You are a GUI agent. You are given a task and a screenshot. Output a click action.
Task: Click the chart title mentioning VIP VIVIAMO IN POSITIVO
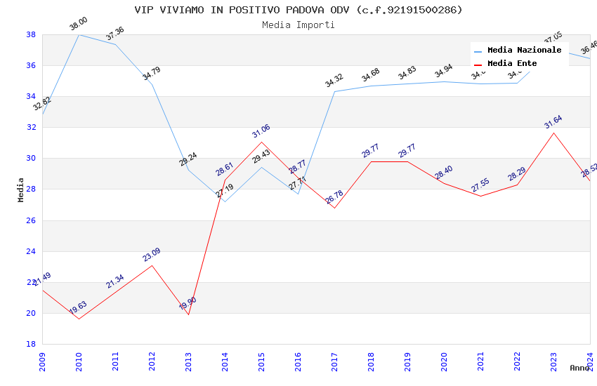(298, 10)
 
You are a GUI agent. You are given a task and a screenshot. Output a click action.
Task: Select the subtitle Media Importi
(298, 25)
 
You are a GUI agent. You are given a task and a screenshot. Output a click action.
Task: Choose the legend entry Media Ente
(512, 63)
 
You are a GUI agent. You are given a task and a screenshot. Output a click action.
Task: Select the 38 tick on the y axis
(31, 34)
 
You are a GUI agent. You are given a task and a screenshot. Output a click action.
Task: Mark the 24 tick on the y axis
(31, 251)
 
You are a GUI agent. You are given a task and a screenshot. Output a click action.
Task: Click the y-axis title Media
(21, 189)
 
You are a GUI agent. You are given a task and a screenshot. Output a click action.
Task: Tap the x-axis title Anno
(579, 368)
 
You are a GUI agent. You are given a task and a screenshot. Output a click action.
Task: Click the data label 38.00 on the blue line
(78, 25)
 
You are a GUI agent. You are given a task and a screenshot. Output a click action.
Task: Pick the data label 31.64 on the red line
(553, 124)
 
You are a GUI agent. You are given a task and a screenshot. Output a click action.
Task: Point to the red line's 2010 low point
(79, 319)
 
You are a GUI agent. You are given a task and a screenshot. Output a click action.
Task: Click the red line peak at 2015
(261, 142)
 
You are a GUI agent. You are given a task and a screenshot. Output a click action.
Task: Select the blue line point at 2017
(334, 91)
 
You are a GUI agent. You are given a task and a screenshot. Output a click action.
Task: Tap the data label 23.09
(152, 255)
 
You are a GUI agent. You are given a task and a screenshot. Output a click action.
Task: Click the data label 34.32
(334, 81)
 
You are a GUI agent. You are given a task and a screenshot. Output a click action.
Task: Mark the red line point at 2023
(553, 133)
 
